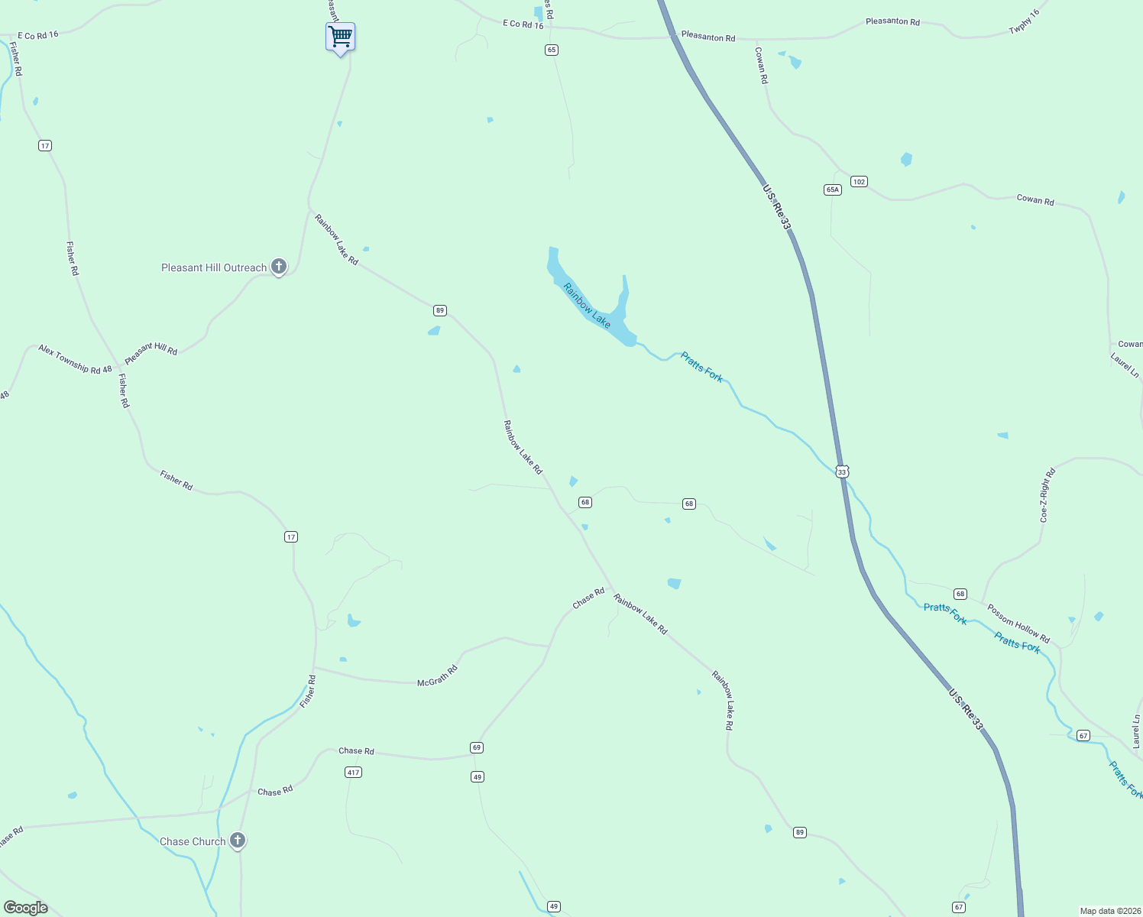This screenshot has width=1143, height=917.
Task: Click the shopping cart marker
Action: tap(340, 37)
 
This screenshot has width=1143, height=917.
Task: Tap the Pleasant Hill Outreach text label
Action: tap(214, 267)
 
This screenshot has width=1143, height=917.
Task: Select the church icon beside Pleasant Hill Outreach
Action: tap(279, 267)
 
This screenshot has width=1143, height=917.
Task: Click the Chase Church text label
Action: tap(193, 841)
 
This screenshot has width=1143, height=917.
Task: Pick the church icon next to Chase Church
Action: tap(238, 841)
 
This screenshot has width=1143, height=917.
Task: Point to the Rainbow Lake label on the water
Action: tap(587, 306)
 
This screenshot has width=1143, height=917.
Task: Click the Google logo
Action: tap(26, 908)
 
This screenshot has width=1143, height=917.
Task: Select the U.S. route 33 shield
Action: tap(842, 472)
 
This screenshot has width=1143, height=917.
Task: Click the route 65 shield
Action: tap(552, 50)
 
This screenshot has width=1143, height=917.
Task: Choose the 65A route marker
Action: tap(833, 190)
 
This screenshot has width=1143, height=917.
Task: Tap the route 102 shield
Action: tap(859, 181)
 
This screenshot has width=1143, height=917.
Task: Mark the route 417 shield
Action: tap(353, 773)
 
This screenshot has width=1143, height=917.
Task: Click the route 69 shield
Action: tap(477, 747)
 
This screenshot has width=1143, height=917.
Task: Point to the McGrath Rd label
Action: tap(437, 676)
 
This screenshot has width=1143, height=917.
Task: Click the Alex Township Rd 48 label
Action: tap(75, 359)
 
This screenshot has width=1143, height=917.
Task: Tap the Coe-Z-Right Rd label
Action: tap(1047, 495)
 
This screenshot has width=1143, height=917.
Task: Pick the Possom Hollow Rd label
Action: tap(1018, 624)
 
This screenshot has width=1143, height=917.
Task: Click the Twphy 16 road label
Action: tap(1025, 22)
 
